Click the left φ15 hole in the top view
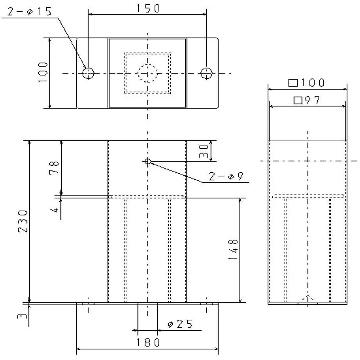[88, 73]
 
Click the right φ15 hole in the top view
[206, 73]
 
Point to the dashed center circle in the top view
[148, 73]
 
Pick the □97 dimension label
[307, 101]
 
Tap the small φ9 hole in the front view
[148, 161]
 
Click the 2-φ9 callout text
[226, 177]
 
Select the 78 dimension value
[54, 167]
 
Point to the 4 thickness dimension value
[56, 210]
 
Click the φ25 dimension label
[180, 324]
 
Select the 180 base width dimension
[148, 343]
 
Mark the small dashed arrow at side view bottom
[308, 298]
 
